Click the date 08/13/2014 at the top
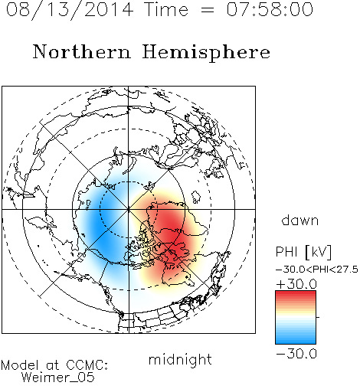pyautogui.click(x=70, y=10)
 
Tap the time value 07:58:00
pyautogui.click(x=270, y=9)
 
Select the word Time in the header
pyautogui.click(x=166, y=9)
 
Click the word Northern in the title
pyautogui.click(x=82, y=51)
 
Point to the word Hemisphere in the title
pyautogui.click(x=206, y=53)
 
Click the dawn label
pyautogui.click(x=300, y=220)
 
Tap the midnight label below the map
pyautogui.click(x=180, y=359)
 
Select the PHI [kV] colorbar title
pyautogui.click(x=303, y=252)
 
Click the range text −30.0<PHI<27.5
pyautogui.click(x=317, y=270)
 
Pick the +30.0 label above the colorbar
pyautogui.click(x=296, y=284)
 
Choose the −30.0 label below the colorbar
pyautogui.click(x=296, y=354)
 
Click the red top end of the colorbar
pyautogui.click(x=296, y=293)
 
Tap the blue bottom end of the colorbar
pyautogui.click(x=296, y=342)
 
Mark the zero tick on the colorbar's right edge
pyautogui.click(x=318, y=317)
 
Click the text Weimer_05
pyautogui.click(x=58, y=378)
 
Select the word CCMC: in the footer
pyautogui.click(x=87, y=365)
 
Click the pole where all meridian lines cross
pyautogui.click(x=129, y=209)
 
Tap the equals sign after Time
pyautogui.click(x=208, y=10)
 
